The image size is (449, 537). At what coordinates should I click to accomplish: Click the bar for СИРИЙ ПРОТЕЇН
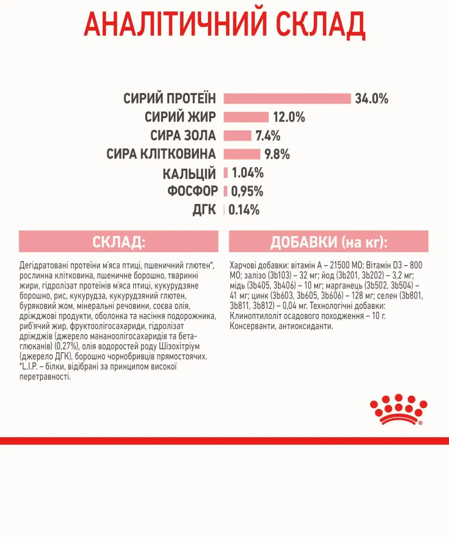tap(287, 99)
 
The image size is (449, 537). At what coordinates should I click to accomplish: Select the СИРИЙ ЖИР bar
tap(246, 117)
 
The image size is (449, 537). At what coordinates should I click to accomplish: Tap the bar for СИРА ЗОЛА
tap(237, 135)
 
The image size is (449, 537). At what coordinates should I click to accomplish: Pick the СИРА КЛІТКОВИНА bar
tap(242, 154)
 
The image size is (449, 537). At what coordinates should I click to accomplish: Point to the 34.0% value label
tap(371, 99)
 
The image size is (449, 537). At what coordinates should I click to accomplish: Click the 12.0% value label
tap(289, 117)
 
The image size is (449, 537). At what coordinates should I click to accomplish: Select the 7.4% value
tap(268, 135)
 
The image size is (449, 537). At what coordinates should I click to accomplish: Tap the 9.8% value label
tap(277, 154)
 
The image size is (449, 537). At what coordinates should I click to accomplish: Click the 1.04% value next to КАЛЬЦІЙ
tap(247, 173)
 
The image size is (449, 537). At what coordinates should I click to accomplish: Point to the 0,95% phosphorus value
tap(247, 191)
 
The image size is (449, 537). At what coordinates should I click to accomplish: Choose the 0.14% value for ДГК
tap(244, 210)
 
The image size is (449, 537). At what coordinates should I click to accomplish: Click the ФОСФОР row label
tap(192, 191)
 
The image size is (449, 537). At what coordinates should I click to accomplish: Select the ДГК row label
tap(204, 210)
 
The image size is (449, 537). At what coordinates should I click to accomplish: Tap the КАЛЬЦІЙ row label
tap(189, 173)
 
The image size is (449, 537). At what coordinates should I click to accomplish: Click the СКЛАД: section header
tap(118, 241)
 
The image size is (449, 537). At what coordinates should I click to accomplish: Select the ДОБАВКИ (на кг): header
tap(329, 241)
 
